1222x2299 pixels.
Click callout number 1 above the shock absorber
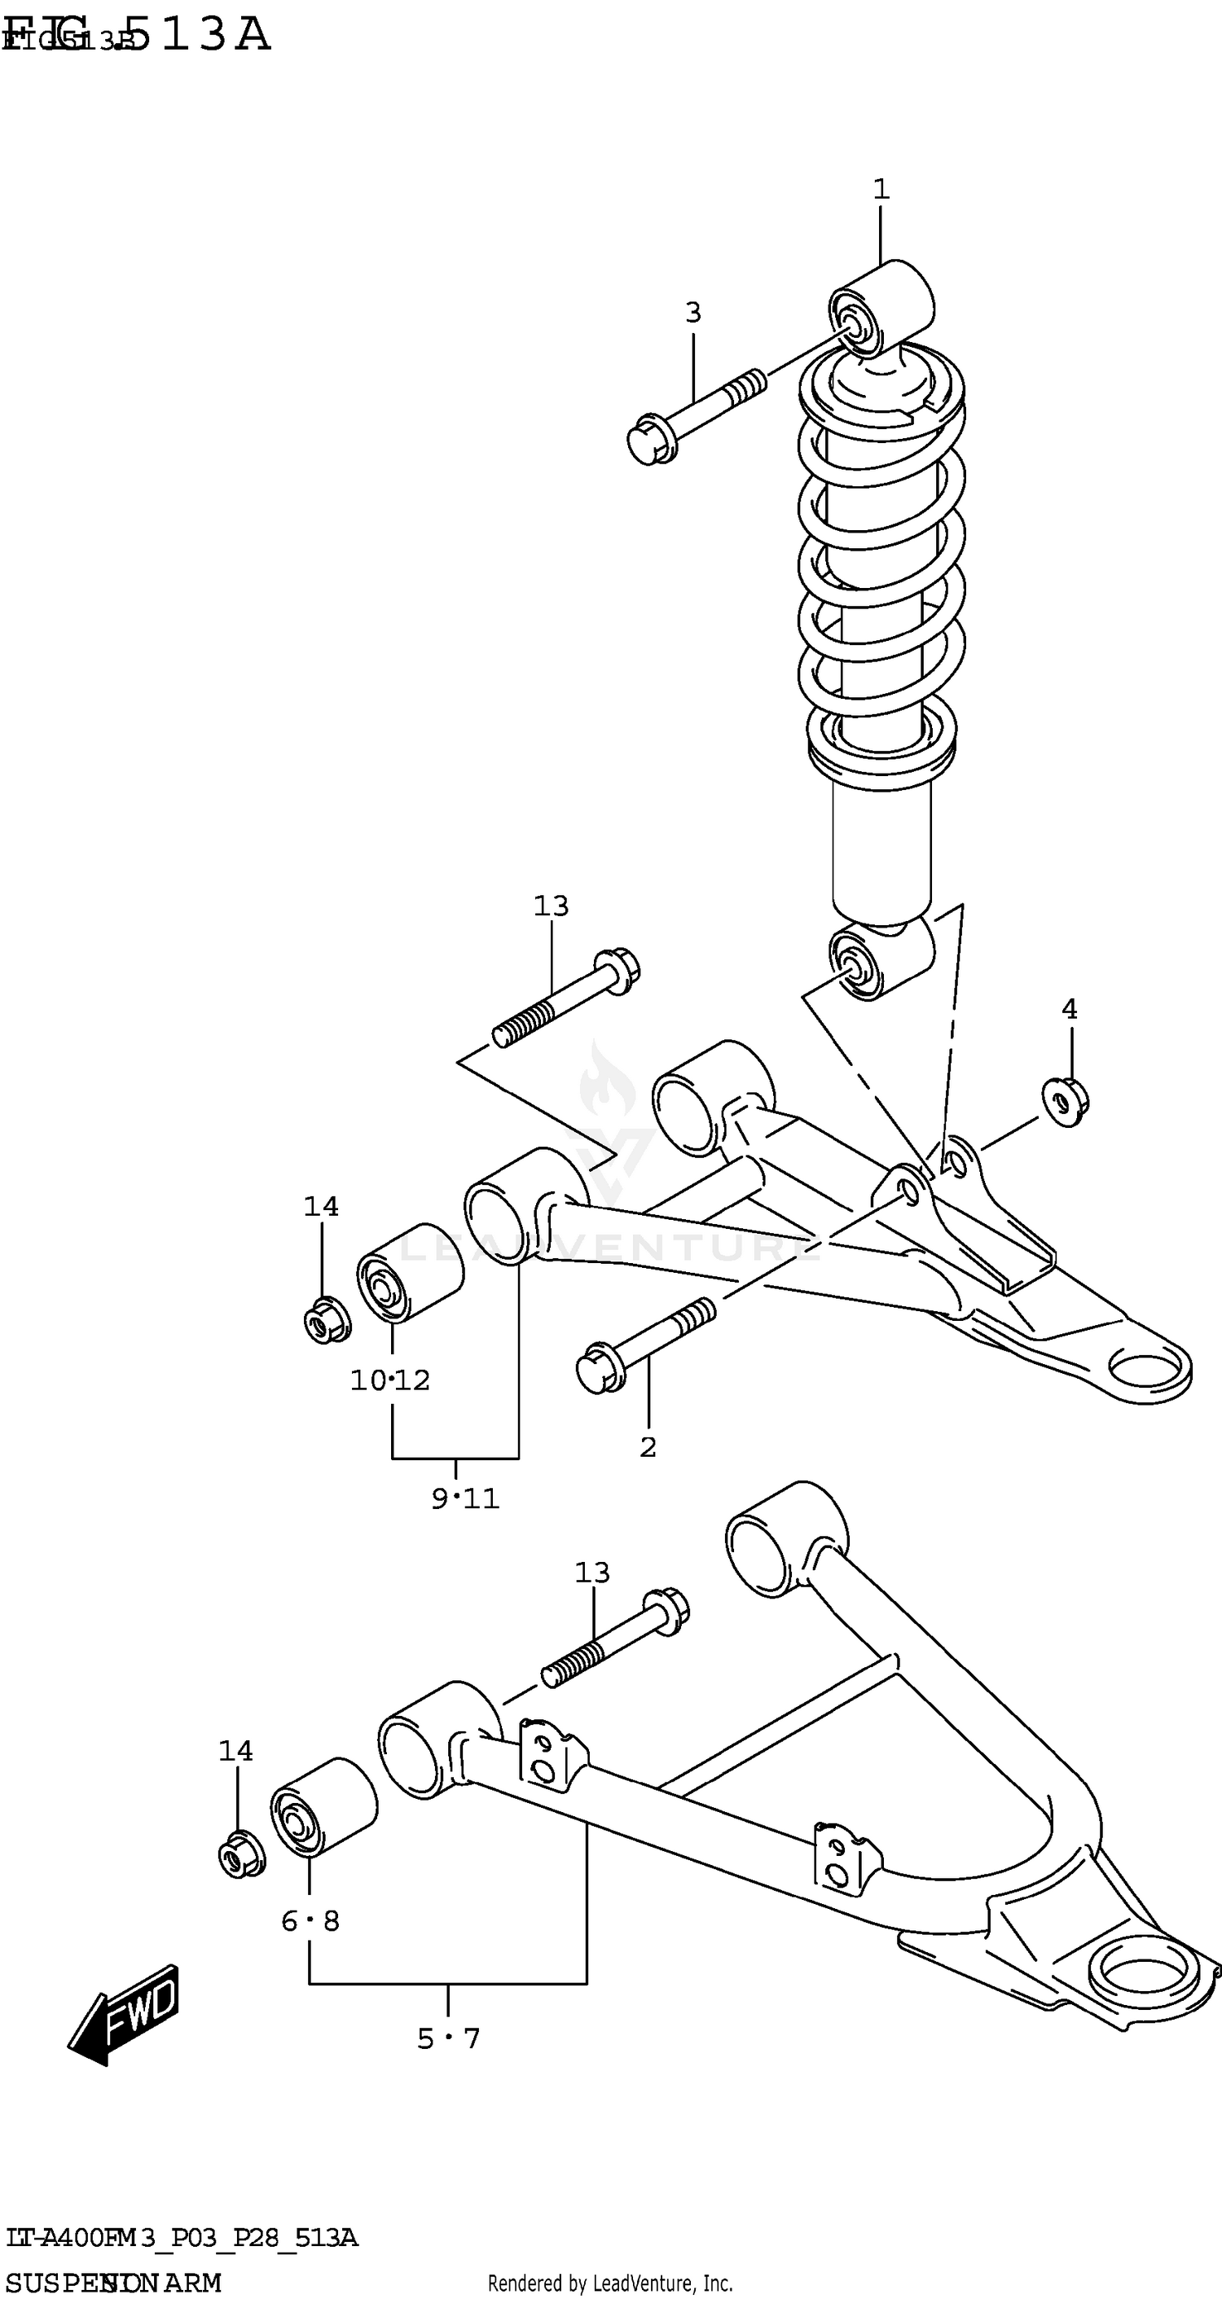point(881,189)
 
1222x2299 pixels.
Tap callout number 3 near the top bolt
point(692,313)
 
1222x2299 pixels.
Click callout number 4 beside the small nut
point(1069,1009)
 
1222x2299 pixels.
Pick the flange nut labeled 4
point(1064,1103)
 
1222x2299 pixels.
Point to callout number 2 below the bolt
point(648,1446)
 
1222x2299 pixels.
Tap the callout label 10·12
point(390,1380)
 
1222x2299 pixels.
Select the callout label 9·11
point(465,1498)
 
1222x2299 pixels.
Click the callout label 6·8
point(310,1920)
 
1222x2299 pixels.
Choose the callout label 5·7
point(448,2038)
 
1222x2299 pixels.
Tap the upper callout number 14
point(321,1207)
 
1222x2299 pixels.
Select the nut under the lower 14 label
point(241,1858)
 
